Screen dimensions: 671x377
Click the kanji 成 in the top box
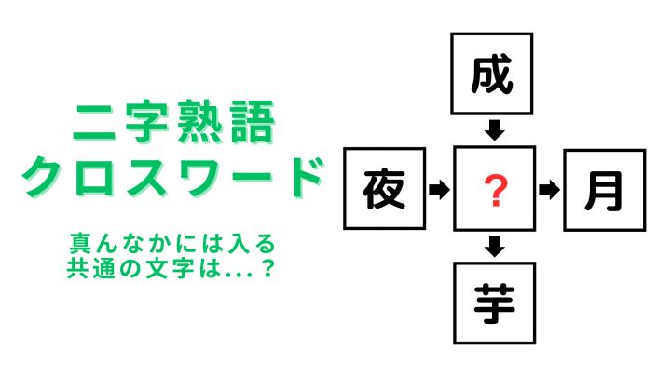[492, 74]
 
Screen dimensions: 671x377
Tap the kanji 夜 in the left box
[384, 189]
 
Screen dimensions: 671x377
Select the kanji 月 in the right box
[604, 191]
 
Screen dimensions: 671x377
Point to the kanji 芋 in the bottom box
[494, 303]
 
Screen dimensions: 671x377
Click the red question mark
[495, 191]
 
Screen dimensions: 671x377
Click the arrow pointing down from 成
[495, 130]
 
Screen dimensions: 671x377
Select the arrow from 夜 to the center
[439, 189]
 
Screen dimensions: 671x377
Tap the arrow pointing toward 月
[549, 190]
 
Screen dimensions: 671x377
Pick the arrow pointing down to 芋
[495, 247]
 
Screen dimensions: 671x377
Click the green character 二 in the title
[94, 123]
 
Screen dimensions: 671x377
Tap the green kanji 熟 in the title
[198, 122]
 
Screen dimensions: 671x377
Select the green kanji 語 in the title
[252, 122]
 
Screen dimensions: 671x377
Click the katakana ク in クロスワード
[42, 177]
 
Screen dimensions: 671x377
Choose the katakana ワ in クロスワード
[199, 178]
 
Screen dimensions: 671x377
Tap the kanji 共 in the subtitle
[77, 268]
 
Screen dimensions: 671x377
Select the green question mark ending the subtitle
[267, 268]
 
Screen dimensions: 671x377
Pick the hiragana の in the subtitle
[130, 269]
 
